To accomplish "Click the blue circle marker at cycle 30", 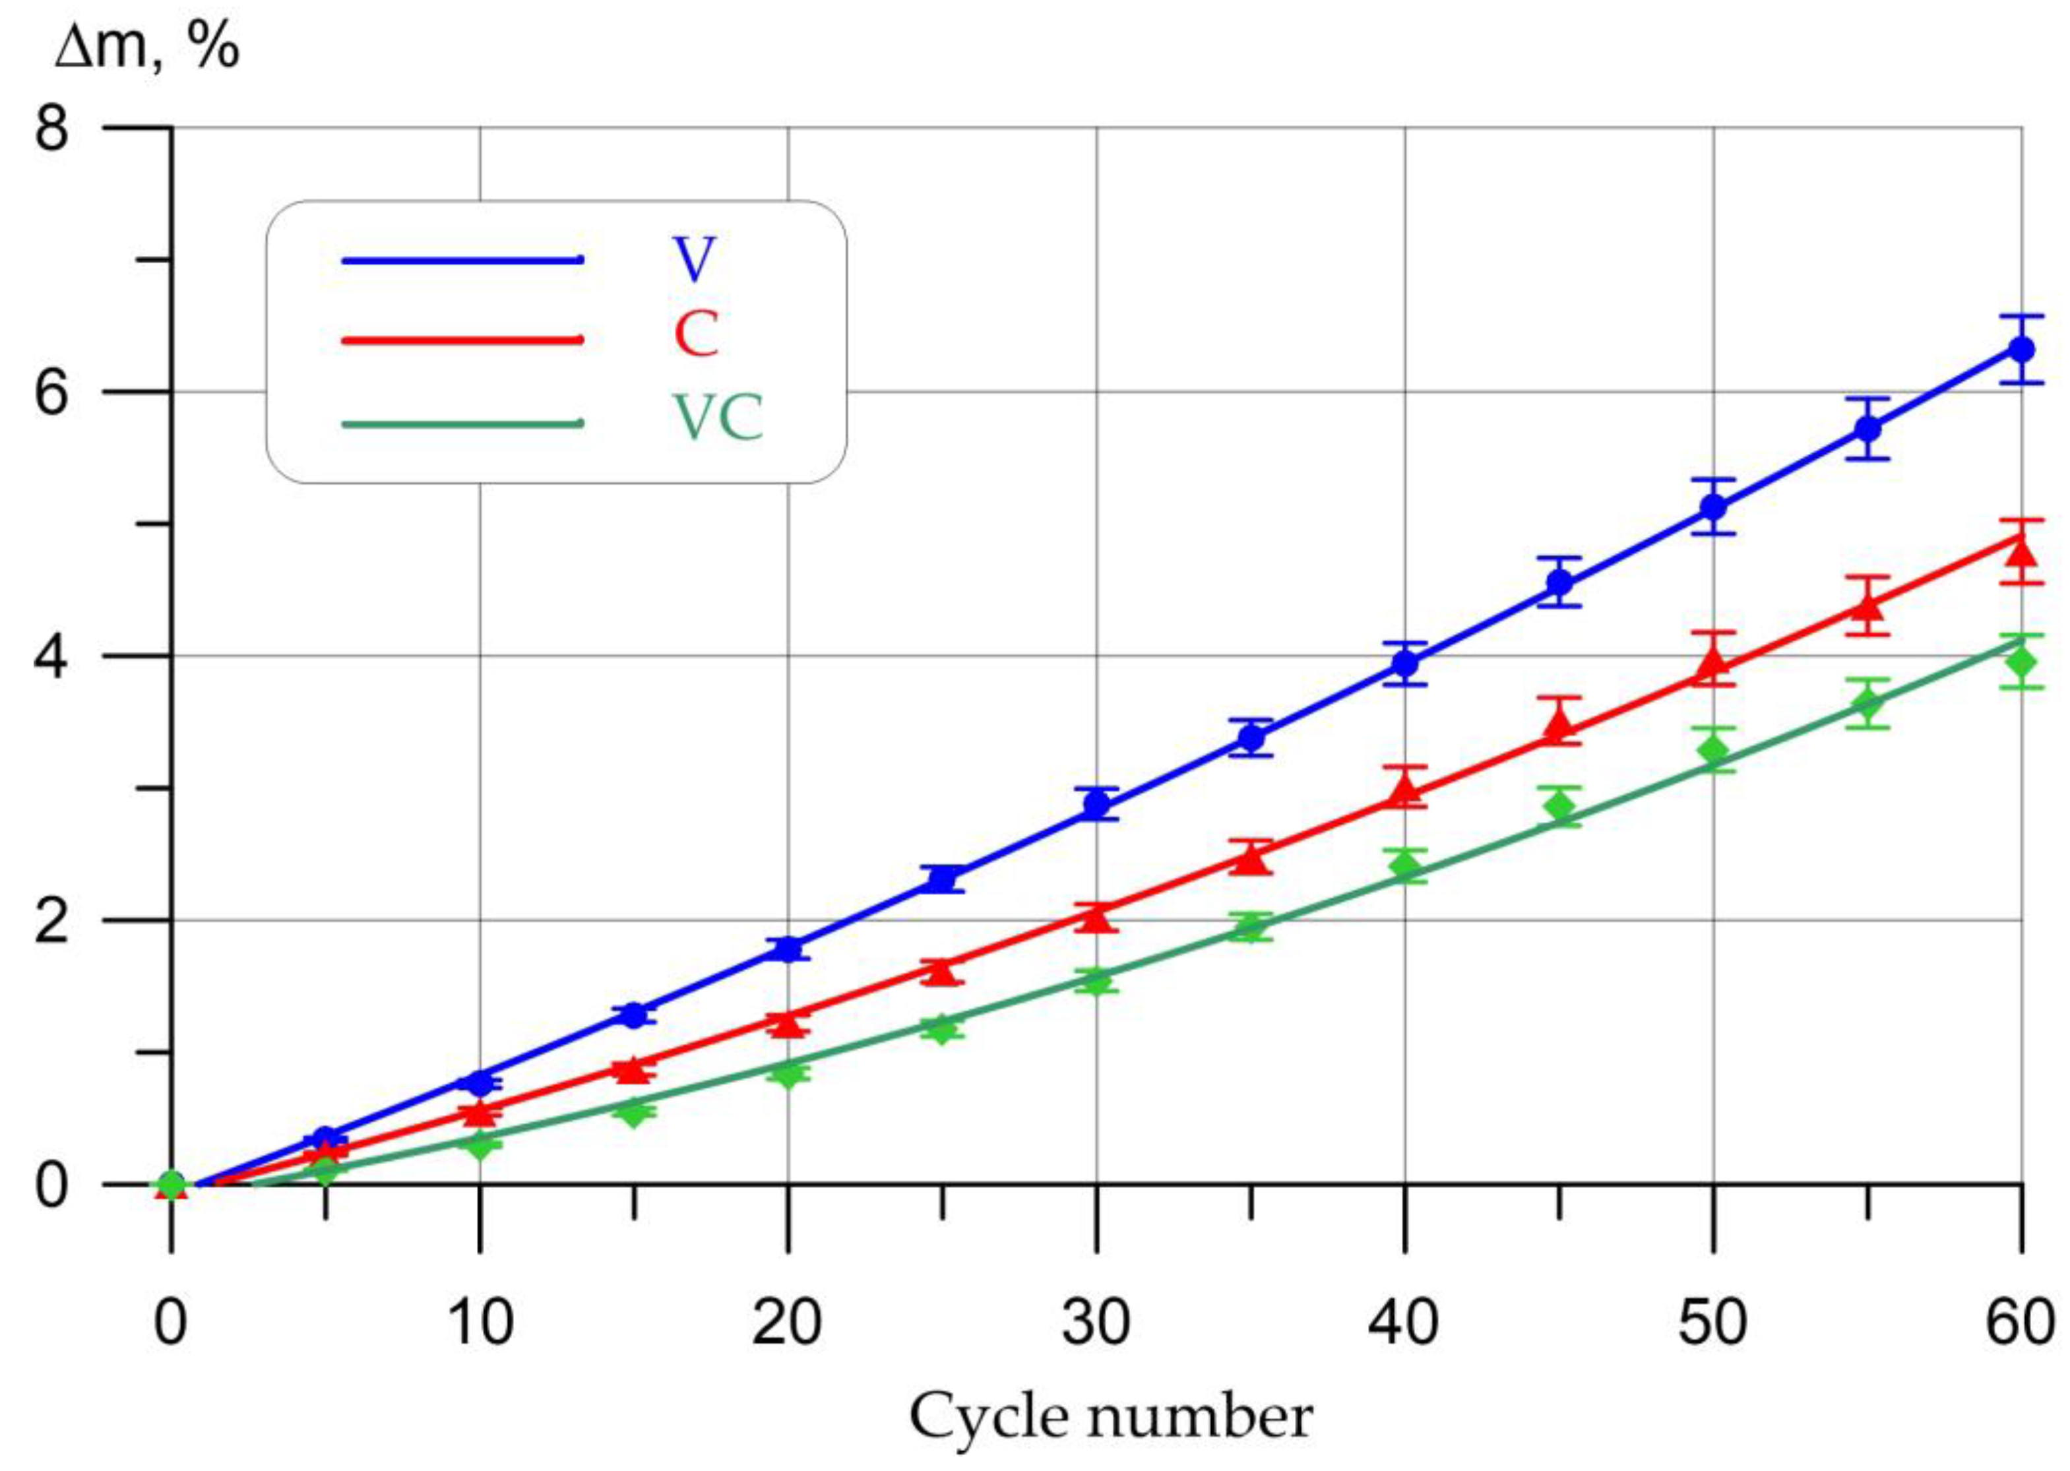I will [1096, 803].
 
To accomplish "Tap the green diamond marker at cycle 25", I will [942, 1029].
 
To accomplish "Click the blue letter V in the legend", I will [694, 260].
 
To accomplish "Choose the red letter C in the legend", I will [696, 334].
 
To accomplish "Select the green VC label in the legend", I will [718, 418].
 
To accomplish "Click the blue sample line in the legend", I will [462, 261].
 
